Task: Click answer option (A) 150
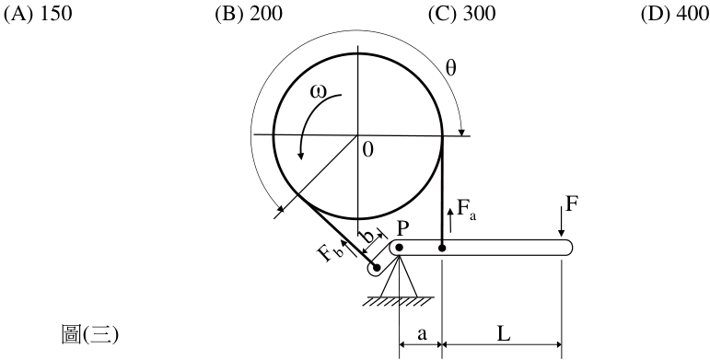pyautogui.click(x=38, y=14)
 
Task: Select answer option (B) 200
pyautogui.click(x=249, y=14)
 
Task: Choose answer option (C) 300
pyautogui.click(x=462, y=14)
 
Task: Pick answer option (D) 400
pyautogui.click(x=675, y=14)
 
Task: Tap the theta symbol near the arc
pyautogui.click(x=451, y=68)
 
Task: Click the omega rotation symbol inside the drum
pyautogui.click(x=318, y=91)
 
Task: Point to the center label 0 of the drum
pyautogui.click(x=368, y=150)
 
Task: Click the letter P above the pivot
pyautogui.click(x=402, y=229)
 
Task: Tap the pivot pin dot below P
pyautogui.click(x=399, y=248)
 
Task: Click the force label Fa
pyautogui.click(x=466, y=209)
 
